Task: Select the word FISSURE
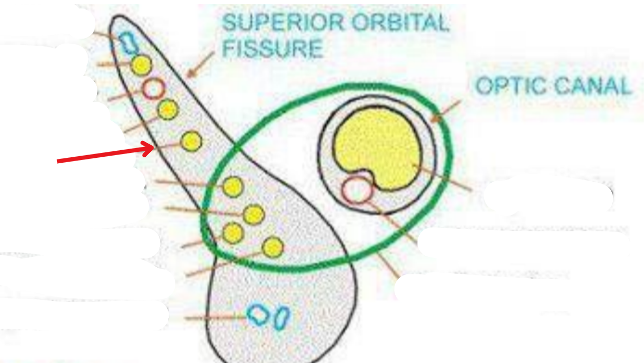click(273, 49)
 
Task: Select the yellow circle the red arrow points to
click(191, 141)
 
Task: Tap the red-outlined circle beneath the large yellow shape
click(356, 190)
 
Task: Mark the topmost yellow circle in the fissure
click(142, 65)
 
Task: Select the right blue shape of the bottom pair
click(282, 318)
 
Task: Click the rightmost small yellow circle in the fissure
click(273, 248)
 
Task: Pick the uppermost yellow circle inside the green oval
click(233, 187)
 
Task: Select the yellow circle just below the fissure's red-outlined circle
click(168, 110)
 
